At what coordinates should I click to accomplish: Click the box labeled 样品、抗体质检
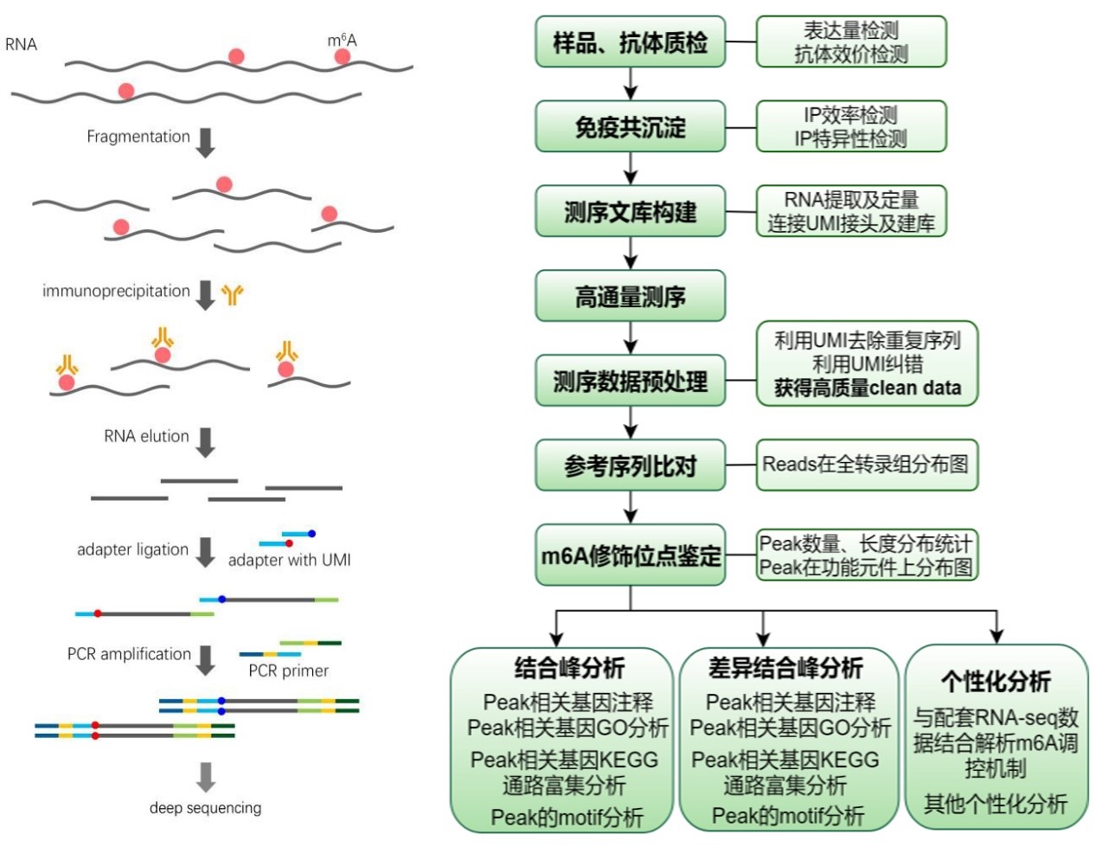tap(630, 42)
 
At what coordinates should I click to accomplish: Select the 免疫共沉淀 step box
tap(630, 127)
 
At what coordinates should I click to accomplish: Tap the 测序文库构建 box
tap(630, 212)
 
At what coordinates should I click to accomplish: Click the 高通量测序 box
tap(630, 297)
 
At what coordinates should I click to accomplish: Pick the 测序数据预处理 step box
tap(630, 381)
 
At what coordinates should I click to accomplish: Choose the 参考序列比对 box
tap(630, 465)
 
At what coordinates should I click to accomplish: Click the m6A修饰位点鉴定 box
tap(630, 555)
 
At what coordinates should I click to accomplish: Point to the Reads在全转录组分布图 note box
tap(866, 465)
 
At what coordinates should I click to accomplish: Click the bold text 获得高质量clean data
tap(867, 388)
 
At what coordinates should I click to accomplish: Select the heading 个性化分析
tap(996, 682)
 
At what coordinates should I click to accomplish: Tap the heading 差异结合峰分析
tap(785, 668)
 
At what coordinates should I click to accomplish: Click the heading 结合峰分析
tap(569, 668)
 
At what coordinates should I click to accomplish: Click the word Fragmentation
tap(138, 137)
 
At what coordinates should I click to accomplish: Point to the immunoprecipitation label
tap(116, 291)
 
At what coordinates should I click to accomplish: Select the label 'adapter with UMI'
tap(290, 560)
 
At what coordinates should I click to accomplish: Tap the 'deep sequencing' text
tap(205, 808)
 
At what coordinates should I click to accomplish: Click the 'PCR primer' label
tap(289, 671)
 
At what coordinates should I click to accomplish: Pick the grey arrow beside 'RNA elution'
tap(205, 441)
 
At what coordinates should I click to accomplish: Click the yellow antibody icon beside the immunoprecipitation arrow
tap(232, 294)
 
